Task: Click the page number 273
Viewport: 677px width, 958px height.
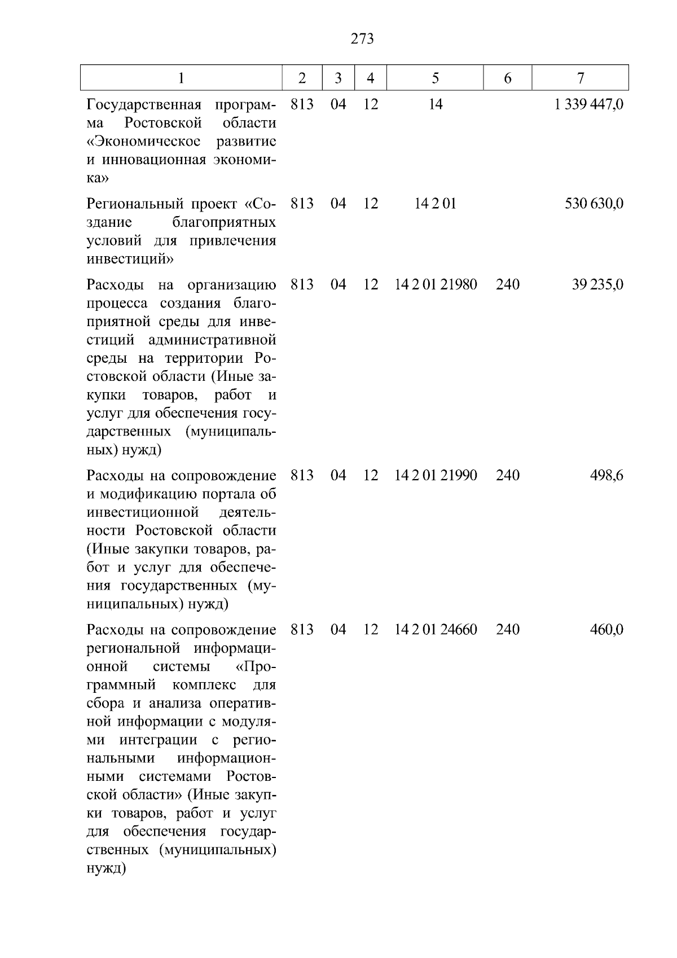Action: point(362,39)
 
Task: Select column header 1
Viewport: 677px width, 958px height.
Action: point(181,78)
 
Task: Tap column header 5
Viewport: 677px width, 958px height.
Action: point(435,78)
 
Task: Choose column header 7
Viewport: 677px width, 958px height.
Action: point(581,78)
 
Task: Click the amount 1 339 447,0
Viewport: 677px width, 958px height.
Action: point(589,104)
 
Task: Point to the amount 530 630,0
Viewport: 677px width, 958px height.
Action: point(594,204)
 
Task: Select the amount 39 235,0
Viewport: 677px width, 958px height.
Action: point(597,284)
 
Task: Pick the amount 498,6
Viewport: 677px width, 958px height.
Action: point(606,475)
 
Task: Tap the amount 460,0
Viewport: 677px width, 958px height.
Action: point(606,630)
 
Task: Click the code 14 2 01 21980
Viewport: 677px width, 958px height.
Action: point(436,284)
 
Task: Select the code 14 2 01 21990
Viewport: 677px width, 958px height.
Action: point(436,475)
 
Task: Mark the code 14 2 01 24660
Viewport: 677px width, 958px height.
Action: point(436,630)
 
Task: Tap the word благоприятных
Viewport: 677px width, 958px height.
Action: point(224,222)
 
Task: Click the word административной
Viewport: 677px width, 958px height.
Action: point(212,340)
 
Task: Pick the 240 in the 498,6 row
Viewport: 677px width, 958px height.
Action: point(508,475)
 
